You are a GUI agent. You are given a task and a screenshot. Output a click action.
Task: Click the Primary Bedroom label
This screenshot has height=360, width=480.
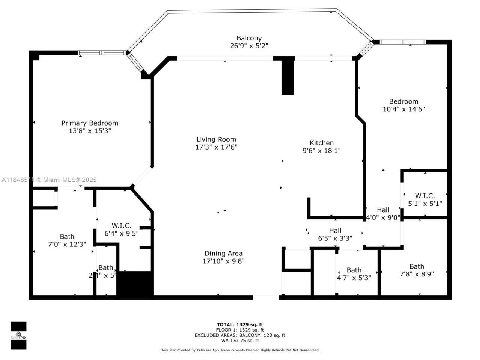90,123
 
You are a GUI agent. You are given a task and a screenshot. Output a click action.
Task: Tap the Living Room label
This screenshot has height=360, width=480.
216,139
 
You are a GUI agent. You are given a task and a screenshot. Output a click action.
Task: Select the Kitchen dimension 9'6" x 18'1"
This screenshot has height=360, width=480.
321,151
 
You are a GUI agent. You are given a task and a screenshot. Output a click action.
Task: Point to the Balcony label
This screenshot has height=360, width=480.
249,38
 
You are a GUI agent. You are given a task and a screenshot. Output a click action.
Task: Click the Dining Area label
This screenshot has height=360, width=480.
223,253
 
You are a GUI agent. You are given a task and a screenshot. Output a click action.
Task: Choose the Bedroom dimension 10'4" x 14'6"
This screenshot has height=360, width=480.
403,109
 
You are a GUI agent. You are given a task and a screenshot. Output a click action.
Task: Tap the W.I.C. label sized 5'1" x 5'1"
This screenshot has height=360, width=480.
425,196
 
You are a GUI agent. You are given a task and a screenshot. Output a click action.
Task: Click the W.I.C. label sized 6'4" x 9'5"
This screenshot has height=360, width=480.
121,225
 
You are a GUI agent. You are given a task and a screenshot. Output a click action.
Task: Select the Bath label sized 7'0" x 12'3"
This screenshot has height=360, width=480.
67,236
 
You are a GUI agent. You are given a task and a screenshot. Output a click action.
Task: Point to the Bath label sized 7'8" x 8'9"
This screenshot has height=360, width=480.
417,266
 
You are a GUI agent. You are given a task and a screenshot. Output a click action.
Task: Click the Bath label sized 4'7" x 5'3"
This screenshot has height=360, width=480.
354,270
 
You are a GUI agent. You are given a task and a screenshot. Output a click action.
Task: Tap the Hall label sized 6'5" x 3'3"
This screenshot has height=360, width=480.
335,230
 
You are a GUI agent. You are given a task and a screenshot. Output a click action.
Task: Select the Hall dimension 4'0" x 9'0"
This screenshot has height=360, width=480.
383,217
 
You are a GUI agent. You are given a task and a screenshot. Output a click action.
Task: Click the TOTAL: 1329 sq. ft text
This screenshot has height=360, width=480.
240,324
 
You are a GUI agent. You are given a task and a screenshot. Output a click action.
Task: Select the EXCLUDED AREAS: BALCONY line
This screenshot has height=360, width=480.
240,335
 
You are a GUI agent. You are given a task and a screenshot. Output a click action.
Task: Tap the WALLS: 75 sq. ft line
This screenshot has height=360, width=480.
240,340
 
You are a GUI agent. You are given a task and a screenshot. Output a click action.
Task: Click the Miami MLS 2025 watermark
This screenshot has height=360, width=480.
49,180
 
